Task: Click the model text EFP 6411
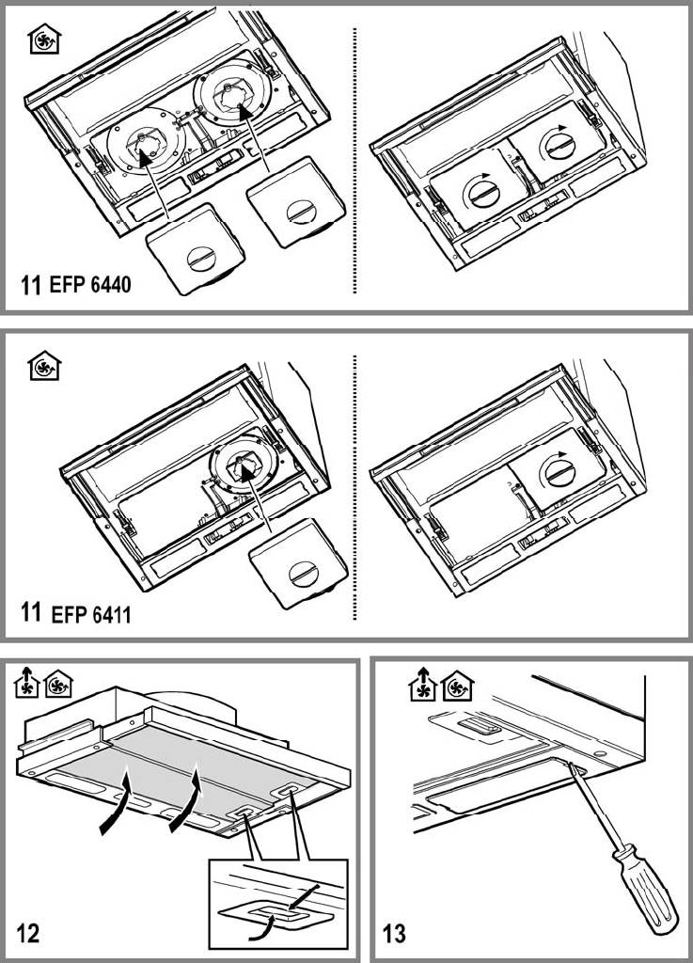[x=91, y=616]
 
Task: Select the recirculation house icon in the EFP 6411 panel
[x=41, y=366]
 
